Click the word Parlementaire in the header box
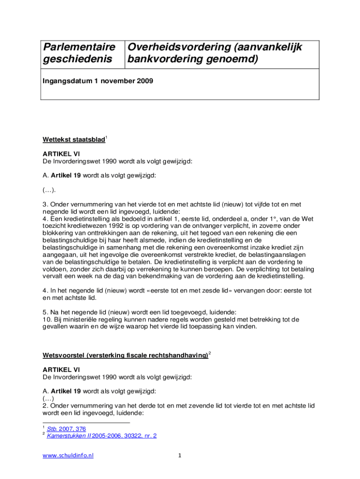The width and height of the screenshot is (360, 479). pos(79,47)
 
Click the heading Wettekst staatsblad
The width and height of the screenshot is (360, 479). pos(73,139)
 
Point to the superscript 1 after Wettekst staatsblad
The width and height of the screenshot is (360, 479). pos(106,137)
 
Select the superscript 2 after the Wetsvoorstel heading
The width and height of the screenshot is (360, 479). pos(210,353)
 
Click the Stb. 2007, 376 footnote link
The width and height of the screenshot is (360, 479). pos(66,428)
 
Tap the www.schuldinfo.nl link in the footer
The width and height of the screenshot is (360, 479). pos(68,456)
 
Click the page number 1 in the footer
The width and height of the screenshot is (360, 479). pos(180,456)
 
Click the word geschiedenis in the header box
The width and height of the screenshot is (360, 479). pos(78,60)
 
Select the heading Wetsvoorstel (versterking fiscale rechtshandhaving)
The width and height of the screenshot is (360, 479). pos(125,356)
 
